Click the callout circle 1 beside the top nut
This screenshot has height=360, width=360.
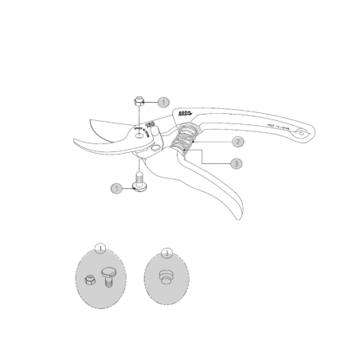163,103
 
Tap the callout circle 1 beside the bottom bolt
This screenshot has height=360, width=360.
116,189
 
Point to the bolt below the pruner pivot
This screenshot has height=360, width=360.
138,184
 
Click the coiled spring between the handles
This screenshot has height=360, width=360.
182,144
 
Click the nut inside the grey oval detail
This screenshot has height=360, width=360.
89,280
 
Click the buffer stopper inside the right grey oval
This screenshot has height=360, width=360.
166,277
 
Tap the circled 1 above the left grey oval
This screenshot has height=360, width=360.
100,247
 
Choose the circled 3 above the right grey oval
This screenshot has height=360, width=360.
166,252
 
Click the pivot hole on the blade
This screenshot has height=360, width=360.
140,136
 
